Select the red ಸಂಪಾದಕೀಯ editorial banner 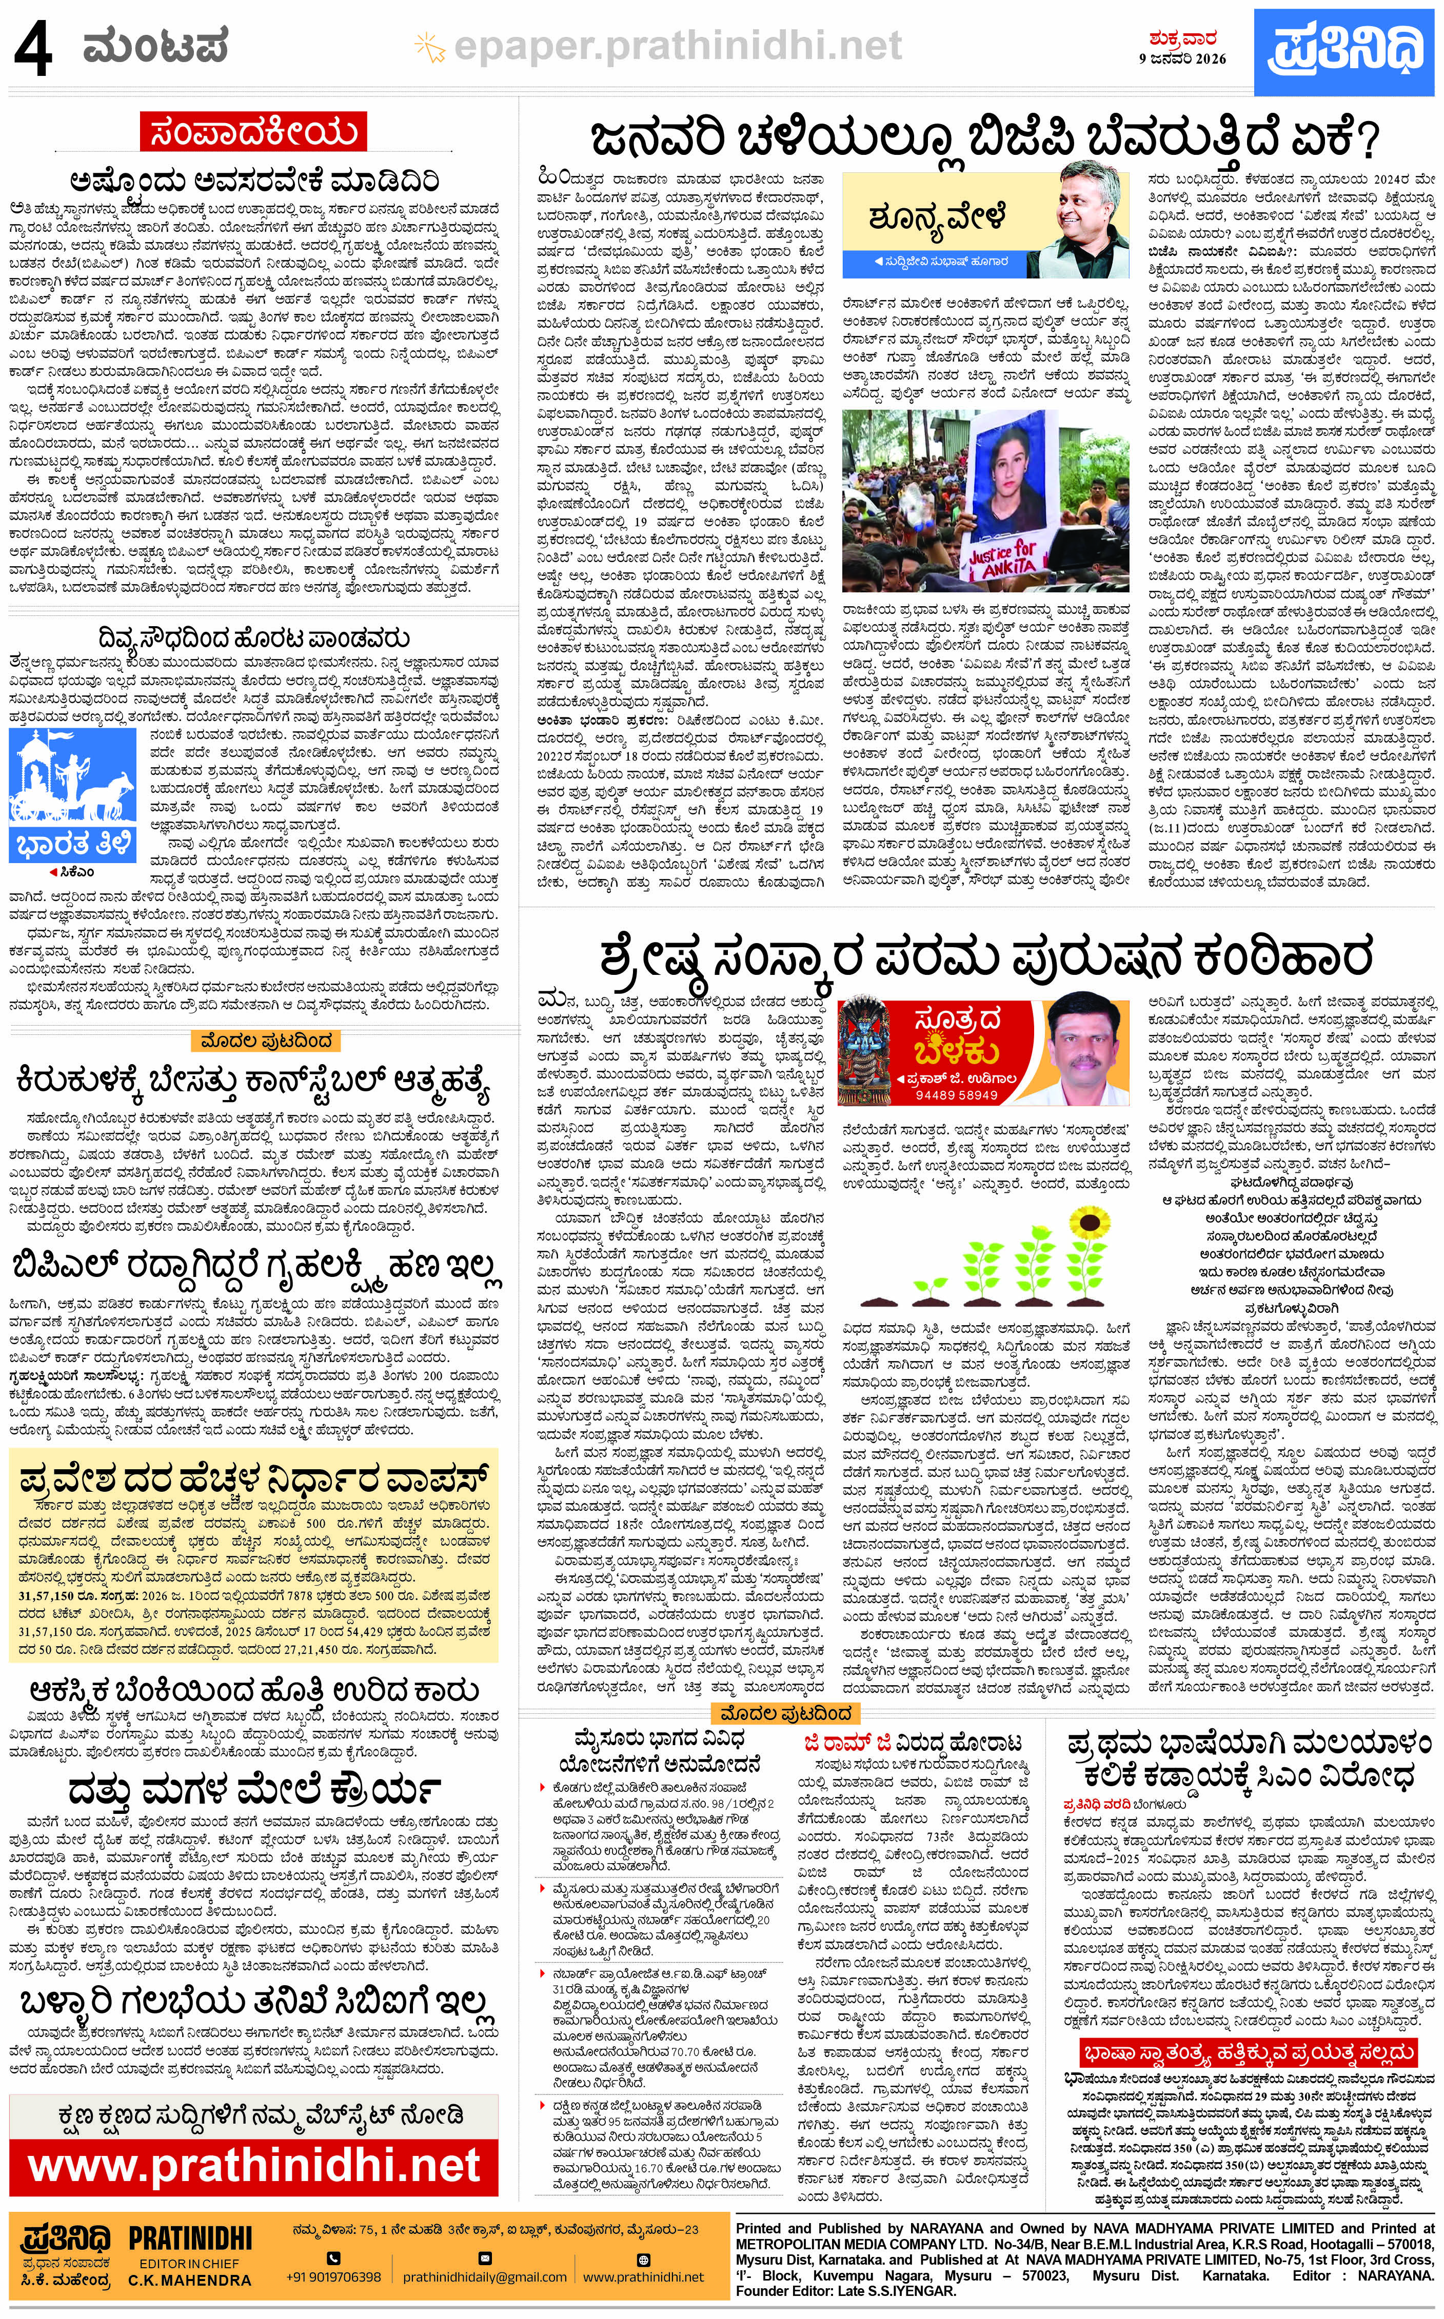pos(253,132)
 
